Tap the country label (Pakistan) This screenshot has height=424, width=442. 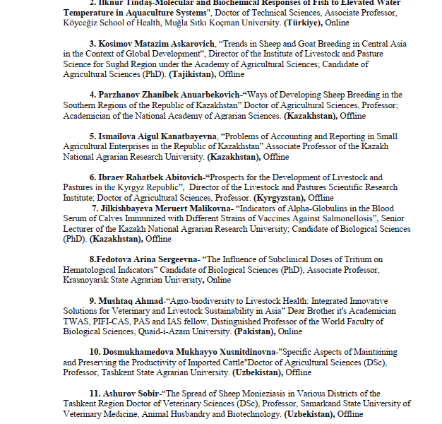click(x=251, y=331)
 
